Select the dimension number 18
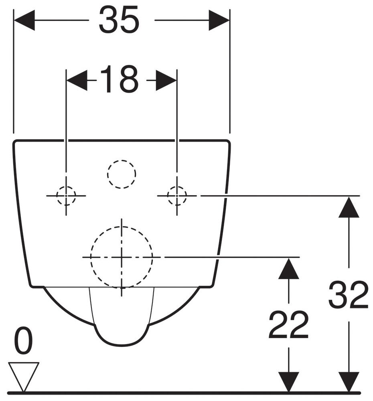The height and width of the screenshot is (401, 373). (x=119, y=80)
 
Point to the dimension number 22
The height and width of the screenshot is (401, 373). (x=288, y=325)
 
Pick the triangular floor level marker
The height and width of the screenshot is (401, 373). (x=24, y=375)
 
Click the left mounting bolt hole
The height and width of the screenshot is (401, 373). (x=66, y=196)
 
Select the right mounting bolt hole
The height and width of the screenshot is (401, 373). (x=176, y=196)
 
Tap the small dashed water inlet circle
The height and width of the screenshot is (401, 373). (x=122, y=174)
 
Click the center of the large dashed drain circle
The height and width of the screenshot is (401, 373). (x=122, y=257)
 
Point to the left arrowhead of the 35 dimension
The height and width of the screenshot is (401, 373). (x=24, y=20)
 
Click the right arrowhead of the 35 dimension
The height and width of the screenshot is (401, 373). (x=219, y=20)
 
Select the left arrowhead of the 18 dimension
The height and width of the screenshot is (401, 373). (x=76, y=80)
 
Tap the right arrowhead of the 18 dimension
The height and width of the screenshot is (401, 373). (x=166, y=80)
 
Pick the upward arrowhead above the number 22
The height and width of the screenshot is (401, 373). (x=288, y=269)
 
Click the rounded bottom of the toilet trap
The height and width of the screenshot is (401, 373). (x=122, y=343)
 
